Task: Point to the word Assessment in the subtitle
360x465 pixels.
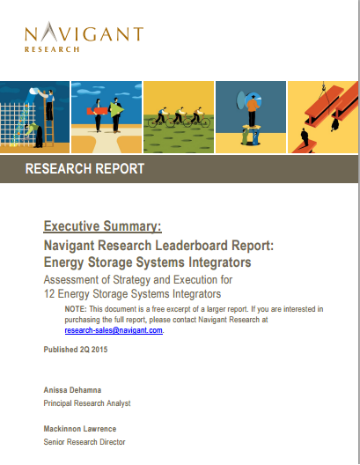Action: pos(76,279)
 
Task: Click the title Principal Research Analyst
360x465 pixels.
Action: pos(86,402)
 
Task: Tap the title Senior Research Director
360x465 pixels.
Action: pos(84,442)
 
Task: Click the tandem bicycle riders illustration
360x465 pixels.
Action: pos(178,115)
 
